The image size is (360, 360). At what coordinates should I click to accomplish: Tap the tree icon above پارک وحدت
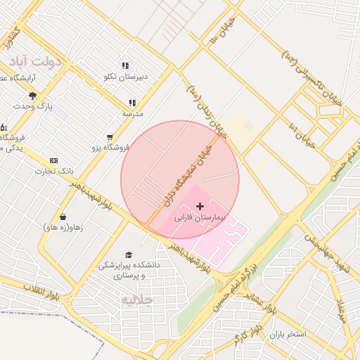32,96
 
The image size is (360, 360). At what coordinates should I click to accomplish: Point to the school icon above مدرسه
132,103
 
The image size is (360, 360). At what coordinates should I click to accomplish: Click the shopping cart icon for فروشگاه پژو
109,137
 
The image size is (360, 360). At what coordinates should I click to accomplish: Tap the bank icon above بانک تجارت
53,160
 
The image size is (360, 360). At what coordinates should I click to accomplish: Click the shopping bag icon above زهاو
64,217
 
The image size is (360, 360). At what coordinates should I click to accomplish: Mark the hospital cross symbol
200,206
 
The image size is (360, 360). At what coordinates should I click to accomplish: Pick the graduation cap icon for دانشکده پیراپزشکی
128,255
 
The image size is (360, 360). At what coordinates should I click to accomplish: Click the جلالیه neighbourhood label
136,300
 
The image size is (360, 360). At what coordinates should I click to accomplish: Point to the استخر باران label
290,334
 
